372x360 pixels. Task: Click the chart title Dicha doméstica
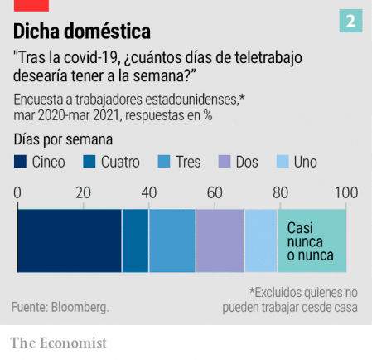coord(82,32)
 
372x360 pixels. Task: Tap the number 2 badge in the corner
coord(350,22)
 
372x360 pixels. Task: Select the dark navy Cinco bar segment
coord(70,241)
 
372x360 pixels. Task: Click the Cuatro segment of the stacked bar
coord(135,241)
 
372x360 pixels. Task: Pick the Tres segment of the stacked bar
coord(172,241)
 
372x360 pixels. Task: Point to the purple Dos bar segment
coord(220,241)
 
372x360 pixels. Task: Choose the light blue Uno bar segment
coord(261,241)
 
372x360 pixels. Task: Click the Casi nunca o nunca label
coord(310,241)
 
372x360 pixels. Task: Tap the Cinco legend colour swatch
coord(21,163)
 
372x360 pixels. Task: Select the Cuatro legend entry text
coord(120,163)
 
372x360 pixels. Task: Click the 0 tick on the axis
coord(17,192)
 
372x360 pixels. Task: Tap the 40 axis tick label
coord(148,192)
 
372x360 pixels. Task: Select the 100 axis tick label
coord(345,192)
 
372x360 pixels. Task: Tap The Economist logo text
coord(58,342)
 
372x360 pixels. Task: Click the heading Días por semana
coord(63,139)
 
